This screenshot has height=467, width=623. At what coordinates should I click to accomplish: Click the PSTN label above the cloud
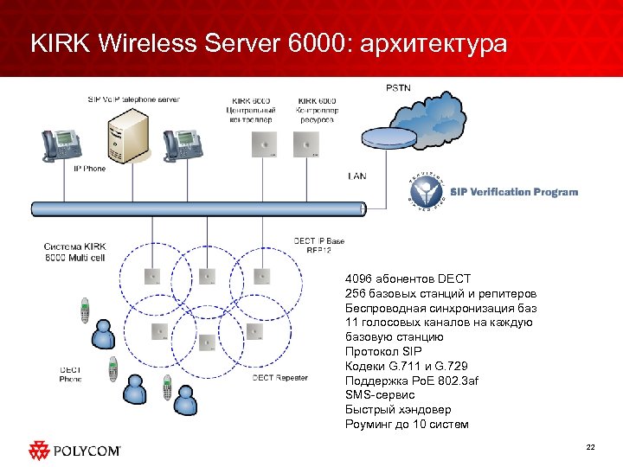click(x=399, y=87)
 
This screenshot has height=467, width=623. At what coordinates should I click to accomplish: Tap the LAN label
click(x=356, y=176)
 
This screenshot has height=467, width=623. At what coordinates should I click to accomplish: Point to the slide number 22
click(x=591, y=447)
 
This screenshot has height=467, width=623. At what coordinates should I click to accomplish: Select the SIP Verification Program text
click(x=513, y=191)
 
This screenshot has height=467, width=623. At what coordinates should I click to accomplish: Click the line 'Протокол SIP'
click(x=382, y=351)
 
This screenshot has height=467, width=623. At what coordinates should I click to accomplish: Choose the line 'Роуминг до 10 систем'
click(x=406, y=425)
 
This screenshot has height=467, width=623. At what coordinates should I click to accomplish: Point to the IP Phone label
click(x=90, y=168)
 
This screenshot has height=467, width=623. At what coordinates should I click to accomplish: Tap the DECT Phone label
click(x=71, y=374)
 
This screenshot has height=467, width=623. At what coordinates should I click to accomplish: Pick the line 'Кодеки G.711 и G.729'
click(x=405, y=366)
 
